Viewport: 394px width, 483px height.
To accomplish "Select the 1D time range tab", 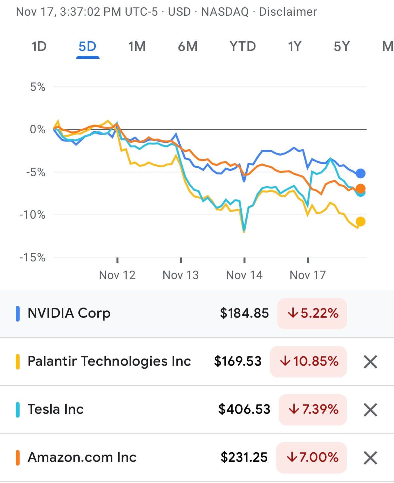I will pos(39,46).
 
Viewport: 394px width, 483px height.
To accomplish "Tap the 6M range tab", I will pos(188,46).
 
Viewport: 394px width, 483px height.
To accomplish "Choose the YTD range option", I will pos(242,46).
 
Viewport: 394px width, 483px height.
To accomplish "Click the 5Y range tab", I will pos(342,46).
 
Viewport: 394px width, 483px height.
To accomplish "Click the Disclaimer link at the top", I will pos(288,12).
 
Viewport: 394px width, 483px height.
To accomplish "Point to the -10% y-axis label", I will pos(32,215).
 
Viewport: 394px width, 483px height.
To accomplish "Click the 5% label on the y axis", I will pos(38,87).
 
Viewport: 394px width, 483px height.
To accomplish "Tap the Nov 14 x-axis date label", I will pos(244,275).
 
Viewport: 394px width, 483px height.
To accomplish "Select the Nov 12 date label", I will pos(117,275).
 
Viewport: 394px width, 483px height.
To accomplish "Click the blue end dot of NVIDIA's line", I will pos(360,173).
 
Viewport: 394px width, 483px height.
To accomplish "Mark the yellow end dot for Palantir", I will pos(360,222).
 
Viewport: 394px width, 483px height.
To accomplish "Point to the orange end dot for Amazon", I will pos(360,188).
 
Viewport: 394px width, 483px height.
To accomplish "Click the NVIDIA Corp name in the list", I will pos(69,313).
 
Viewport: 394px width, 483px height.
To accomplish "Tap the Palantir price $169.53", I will pos(238,361).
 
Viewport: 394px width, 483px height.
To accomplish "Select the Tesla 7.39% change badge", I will pos(313,409).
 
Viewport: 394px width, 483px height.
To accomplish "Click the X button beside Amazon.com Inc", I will pos(370,458).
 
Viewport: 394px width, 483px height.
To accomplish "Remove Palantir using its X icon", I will pos(370,361).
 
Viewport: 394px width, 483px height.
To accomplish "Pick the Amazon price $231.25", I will pos(244,457).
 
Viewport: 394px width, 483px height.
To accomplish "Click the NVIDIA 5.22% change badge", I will pos(312,313).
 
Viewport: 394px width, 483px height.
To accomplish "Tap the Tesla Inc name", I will pos(56,409).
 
